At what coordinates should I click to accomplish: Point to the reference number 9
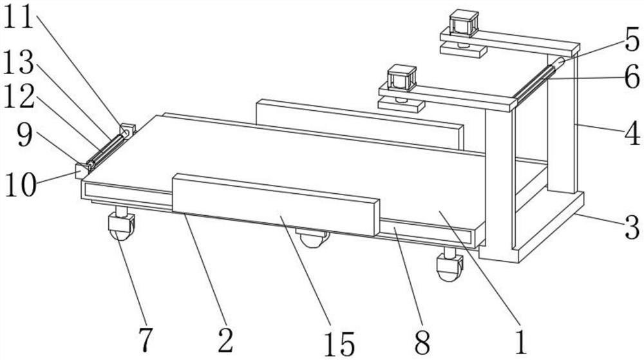[x=24, y=135]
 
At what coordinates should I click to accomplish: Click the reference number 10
[x=21, y=185]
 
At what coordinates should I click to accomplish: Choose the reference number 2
[x=225, y=340]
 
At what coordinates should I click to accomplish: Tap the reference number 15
[x=339, y=344]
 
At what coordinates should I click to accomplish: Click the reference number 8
[x=422, y=343]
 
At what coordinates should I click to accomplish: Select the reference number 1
[x=521, y=341]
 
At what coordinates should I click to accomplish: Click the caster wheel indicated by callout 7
[x=121, y=227]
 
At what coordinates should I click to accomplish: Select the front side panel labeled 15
[x=275, y=204]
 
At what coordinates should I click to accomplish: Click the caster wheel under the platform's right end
[x=450, y=266]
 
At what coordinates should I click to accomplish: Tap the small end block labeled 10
[x=82, y=171]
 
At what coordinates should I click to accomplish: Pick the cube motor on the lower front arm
[x=402, y=77]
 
